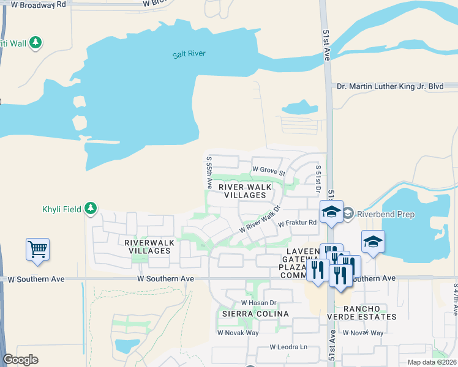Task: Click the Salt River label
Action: [189, 54]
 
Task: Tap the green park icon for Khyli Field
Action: [91, 209]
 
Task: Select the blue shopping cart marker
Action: [38, 249]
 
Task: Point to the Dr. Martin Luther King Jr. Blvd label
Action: [390, 87]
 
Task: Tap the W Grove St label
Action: [269, 169]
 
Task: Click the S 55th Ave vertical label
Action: [209, 172]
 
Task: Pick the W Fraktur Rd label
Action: [297, 224]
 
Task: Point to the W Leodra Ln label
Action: [288, 347]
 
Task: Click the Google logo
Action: [20, 360]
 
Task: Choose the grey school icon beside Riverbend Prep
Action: [348, 213]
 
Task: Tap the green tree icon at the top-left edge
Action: [36, 42]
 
